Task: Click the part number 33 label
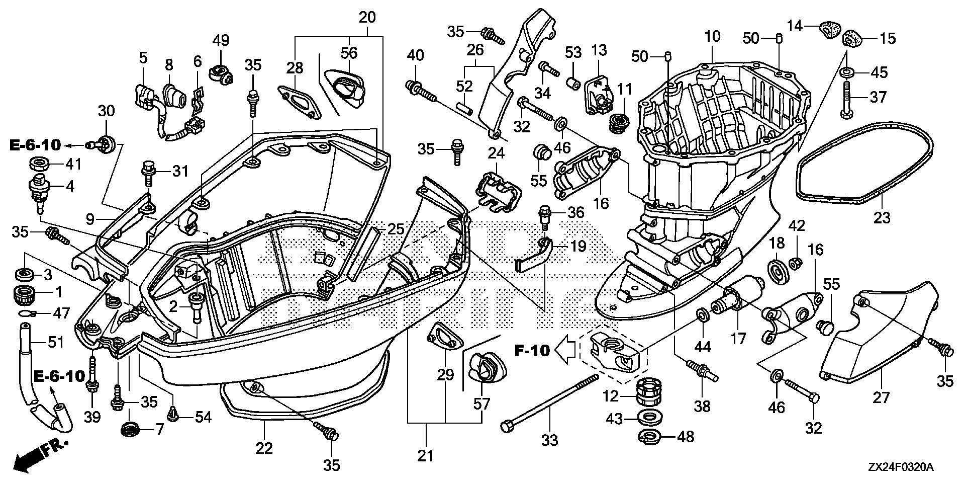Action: [x=550, y=441]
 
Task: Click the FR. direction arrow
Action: [x=40, y=453]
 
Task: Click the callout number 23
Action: [x=882, y=217]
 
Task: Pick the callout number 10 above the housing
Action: [x=712, y=36]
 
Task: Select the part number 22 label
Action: [x=264, y=448]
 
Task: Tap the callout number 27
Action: [x=882, y=398]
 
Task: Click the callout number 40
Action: [x=415, y=54]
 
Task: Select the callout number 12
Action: [x=610, y=397]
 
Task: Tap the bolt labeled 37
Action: [x=846, y=101]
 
